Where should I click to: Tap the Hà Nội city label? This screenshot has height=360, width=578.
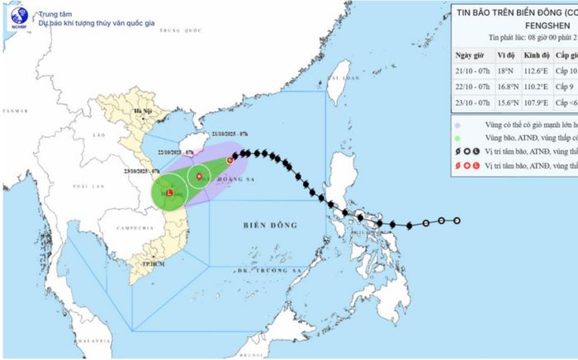coord(129,111)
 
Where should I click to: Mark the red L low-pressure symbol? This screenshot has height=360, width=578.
coord(169,192)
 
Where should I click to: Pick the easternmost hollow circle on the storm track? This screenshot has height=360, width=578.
coord(457,220)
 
